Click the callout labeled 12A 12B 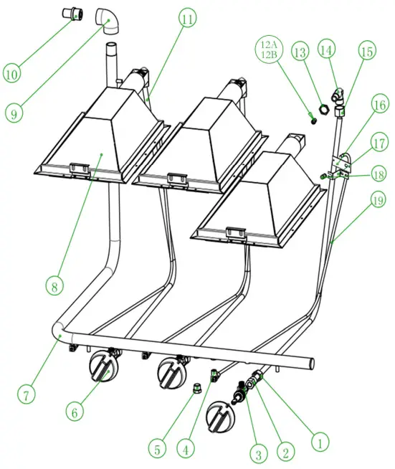tap(270, 51)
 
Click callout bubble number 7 tap(27, 394)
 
